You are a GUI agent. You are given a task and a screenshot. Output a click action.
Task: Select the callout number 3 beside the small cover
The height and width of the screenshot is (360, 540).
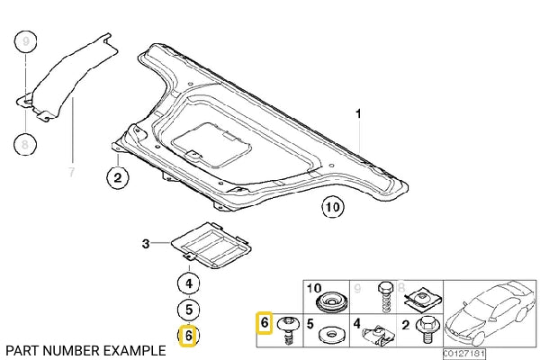146,243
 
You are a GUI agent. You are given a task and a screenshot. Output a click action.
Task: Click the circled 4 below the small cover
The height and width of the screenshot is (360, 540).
188,284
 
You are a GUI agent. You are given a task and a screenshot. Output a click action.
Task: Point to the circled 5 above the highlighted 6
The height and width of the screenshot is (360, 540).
188,310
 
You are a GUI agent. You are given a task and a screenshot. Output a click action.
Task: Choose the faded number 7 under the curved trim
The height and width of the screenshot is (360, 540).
72,171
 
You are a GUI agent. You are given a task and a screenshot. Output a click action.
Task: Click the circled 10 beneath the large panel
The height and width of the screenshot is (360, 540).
332,208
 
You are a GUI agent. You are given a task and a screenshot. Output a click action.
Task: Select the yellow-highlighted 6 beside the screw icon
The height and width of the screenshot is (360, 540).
264,321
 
